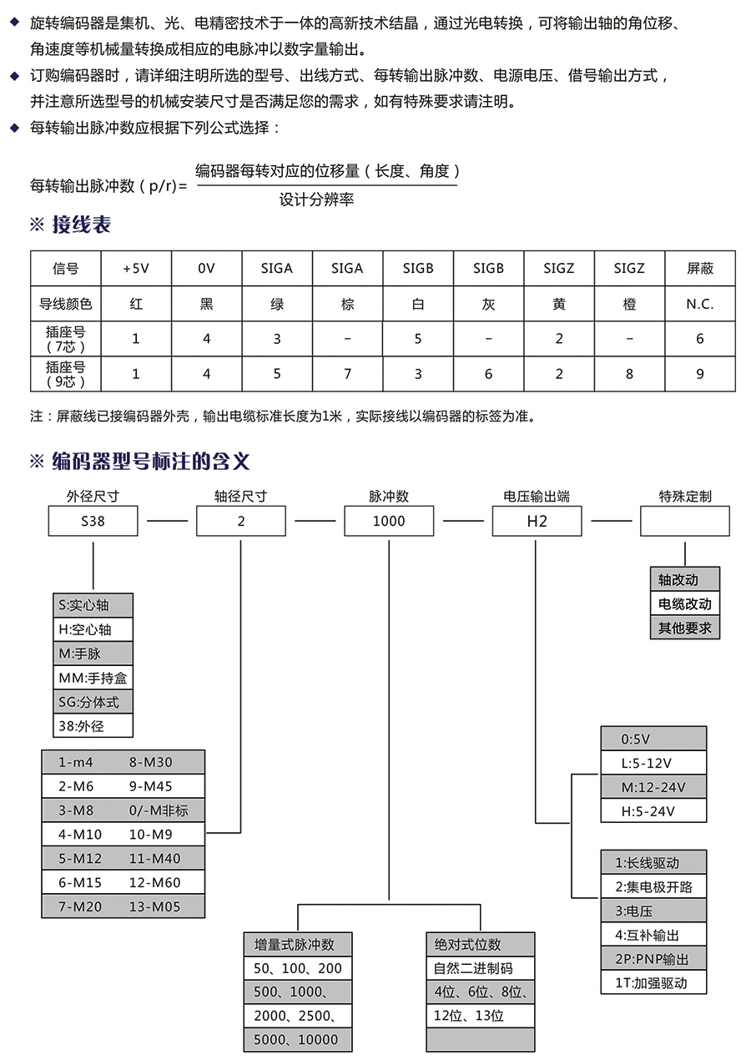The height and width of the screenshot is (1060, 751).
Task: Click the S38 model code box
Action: pos(93,521)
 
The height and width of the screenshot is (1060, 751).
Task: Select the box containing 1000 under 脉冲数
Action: pos(389,521)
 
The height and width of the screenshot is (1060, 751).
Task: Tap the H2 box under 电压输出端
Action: pos(537,521)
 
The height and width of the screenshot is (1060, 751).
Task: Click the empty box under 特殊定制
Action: pos(684,521)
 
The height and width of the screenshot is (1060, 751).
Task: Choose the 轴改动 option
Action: pos(684,579)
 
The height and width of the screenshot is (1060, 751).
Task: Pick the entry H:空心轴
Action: pos(93,629)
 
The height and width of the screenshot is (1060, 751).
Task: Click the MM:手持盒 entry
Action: pos(93,678)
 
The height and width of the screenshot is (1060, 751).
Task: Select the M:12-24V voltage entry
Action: pos(653,787)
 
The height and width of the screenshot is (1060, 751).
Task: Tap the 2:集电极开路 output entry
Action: pos(653,886)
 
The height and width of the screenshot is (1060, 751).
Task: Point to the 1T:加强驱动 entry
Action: pos(653,982)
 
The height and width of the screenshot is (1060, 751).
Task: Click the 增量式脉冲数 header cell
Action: pos(297,945)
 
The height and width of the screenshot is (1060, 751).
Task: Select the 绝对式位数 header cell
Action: pos(480,945)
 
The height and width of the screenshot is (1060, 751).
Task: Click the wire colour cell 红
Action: pos(136,304)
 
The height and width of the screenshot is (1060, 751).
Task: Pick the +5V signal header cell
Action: pos(136,268)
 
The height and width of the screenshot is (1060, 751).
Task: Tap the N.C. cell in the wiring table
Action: pos(699,304)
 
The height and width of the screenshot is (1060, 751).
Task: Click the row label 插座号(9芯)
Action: pos(65,374)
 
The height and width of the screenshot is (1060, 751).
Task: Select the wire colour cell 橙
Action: pos(629,304)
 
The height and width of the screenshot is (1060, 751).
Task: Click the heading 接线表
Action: pos(81,225)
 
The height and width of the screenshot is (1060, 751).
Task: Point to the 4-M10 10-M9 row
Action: pos(123,835)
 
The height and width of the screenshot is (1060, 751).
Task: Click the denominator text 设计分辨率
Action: pos(316,199)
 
